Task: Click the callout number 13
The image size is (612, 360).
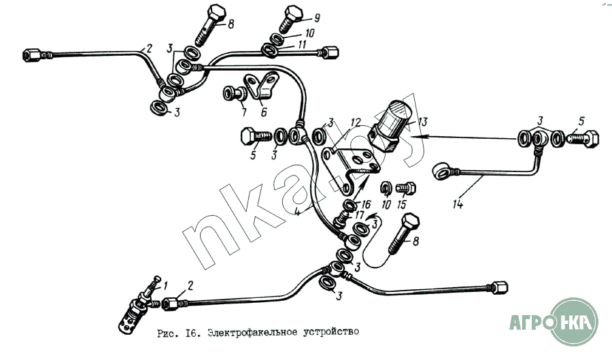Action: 422,122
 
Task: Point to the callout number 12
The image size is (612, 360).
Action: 356,122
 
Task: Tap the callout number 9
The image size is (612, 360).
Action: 316,18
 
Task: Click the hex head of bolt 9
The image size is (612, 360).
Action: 294,13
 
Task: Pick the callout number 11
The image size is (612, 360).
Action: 301,44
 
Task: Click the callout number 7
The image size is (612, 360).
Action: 244,112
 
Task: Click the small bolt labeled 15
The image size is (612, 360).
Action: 406,189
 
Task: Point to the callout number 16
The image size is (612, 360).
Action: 366,204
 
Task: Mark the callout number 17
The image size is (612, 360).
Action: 360,215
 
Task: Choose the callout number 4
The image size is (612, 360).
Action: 297,213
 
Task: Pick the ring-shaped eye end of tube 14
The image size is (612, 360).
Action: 442,171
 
